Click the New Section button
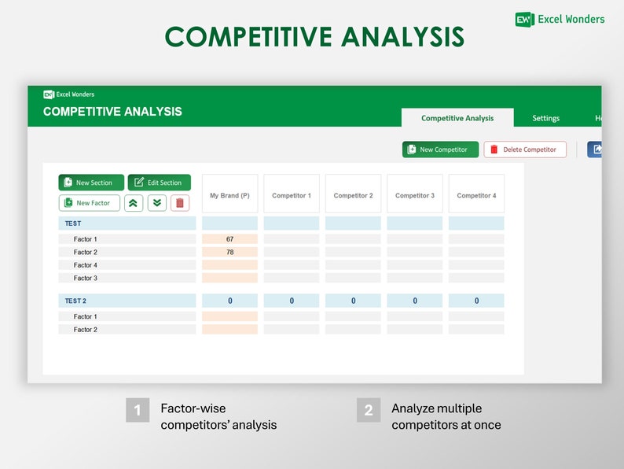click(91, 183)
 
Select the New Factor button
click(90, 203)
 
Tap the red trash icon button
click(180, 203)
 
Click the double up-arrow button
click(134, 203)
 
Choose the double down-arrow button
click(157, 203)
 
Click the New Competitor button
click(440, 150)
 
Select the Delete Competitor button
click(525, 150)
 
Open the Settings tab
click(546, 118)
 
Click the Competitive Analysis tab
click(457, 118)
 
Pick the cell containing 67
click(229, 239)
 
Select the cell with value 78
click(229, 252)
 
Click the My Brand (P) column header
click(229, 195)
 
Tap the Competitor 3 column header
click(415, 195)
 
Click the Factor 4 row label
click(86, 265)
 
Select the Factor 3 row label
click(86, 278)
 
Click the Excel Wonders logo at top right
click(560, 19)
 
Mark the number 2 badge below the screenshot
click(368, 410)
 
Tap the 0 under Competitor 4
click(476, 301)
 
